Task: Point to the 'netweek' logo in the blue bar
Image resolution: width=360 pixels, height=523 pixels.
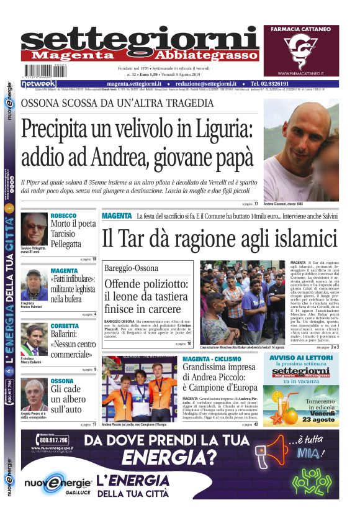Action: click(38, 83)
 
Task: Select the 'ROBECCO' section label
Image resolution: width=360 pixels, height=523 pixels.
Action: click(63, 216)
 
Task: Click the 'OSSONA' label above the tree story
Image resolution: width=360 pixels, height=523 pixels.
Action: click(61, 381)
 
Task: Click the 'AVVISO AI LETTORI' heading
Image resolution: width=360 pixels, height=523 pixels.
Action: click(300, 358)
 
